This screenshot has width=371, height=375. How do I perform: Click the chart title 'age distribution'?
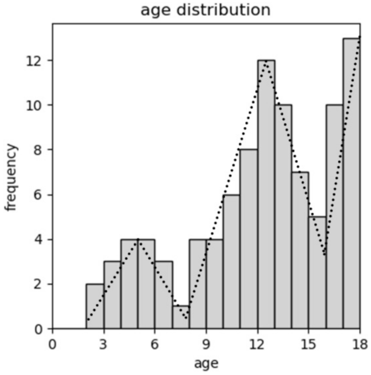(205, 10)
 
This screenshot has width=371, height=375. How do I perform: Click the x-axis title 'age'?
(206, 363)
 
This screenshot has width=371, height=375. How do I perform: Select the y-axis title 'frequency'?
(12, 177)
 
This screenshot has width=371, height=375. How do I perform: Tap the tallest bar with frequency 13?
(352, 183)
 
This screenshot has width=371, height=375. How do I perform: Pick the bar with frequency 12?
(266, 194)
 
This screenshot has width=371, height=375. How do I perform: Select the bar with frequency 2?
(95, 306)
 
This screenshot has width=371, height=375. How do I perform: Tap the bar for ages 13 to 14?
(283, 217)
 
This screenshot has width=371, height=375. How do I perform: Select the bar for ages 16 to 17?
(334, 217)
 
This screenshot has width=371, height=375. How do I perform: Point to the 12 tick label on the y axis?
(37, 60)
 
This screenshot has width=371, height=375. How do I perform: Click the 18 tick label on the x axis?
(360, 344)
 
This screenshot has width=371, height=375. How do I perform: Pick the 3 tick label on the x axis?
(103, 344)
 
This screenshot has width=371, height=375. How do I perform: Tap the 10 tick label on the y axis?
(37, 105)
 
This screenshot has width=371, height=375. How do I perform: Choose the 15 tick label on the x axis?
(309, 344)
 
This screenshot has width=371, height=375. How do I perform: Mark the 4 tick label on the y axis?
(41, 239)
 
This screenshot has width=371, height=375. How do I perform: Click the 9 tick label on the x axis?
(206, 344)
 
